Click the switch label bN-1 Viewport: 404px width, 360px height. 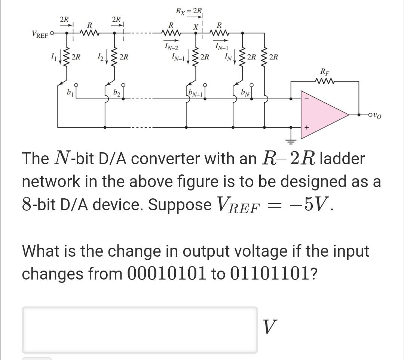pyautogui.click(x=196, y=92)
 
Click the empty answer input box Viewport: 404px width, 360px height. pyautogui.click(x=140, y=329)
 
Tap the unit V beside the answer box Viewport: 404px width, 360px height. pyautogui.click(x=270, y=327)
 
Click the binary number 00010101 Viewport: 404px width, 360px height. pyautogui.click(x=166, y=274)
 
